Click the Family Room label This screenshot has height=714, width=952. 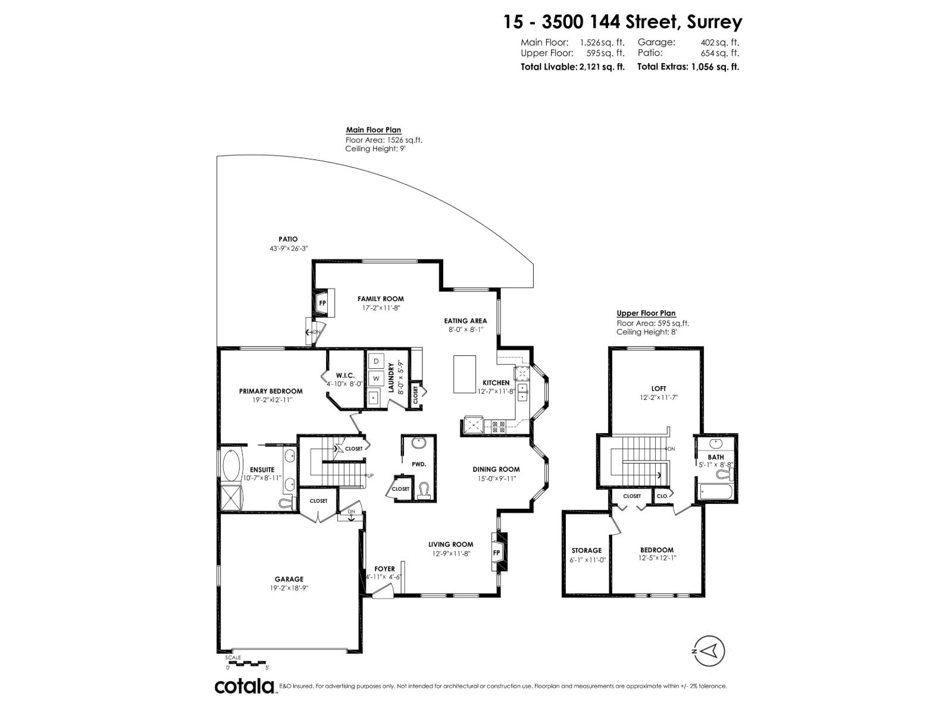[380, 299]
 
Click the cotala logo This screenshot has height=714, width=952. [244, 686]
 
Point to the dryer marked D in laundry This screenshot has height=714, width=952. [376, 361]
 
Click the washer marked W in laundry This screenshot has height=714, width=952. [376, 378]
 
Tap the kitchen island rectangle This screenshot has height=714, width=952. [465, 374]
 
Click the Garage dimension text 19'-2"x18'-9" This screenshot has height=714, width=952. [289, 587]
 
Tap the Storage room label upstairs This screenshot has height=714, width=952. [587, 550]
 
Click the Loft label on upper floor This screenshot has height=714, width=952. [659, 389]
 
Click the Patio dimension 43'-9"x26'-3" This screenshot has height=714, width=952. [288, 249]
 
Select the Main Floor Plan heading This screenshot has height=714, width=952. [374, 130]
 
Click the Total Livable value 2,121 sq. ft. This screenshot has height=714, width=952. [601, 67]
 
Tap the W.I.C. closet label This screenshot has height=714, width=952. [345, 375]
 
